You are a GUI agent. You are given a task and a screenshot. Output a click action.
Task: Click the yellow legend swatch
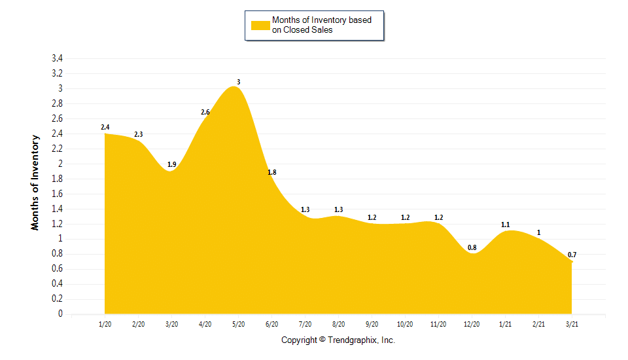coord(260,25)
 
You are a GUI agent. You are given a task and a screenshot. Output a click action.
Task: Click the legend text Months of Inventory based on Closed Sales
coord(321,25)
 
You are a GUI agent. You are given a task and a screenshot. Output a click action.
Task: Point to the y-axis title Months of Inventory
coord(35,182)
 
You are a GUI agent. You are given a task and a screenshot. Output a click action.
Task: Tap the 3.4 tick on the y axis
coord(57,58)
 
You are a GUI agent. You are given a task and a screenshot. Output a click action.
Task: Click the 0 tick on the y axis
coord(60,314)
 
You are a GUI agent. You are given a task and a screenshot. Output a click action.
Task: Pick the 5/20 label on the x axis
coord(238,324)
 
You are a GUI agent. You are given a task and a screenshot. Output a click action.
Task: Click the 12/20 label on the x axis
coord(471,324)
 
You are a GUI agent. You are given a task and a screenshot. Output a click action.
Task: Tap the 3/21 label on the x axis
coord(571,324)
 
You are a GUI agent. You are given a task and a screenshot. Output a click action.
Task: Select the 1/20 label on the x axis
coord(105,324)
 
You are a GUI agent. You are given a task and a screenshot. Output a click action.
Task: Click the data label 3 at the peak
coord(238,82)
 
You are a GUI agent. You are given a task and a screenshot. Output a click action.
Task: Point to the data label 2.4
coord(105,127)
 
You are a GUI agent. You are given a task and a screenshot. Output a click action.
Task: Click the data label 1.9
coord(171,164)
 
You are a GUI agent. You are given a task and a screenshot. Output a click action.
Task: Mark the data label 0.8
coord(472,247)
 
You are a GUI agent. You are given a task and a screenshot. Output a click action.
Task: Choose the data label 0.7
coord(572,255)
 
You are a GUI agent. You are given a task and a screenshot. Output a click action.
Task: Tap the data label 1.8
coord(272,172)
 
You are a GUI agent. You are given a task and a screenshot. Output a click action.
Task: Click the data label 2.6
coord(205,112)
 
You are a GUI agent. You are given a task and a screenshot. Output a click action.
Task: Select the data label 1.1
coord(505,225)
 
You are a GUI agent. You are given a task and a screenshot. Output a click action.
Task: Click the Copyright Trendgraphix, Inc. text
coord(338,340)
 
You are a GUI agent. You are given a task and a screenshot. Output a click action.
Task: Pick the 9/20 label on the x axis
coord(372,324)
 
